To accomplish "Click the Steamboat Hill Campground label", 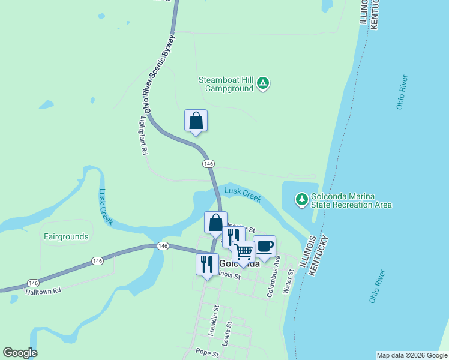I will [227, 84].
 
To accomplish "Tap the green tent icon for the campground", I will [263, 83].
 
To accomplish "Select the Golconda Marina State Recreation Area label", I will [351, 200].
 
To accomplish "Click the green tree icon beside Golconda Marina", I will [301, 198].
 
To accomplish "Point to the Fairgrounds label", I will [66, 236].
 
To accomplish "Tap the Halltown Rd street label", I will [43, 290].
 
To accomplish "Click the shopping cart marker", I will [244, 252].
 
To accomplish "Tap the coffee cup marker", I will [265, 246].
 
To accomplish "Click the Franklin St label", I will [212, 320].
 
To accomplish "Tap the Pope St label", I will [208, 354].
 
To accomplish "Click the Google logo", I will [20, 353].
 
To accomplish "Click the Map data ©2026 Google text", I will [411, 355].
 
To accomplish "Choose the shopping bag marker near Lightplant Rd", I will [196, 121].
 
